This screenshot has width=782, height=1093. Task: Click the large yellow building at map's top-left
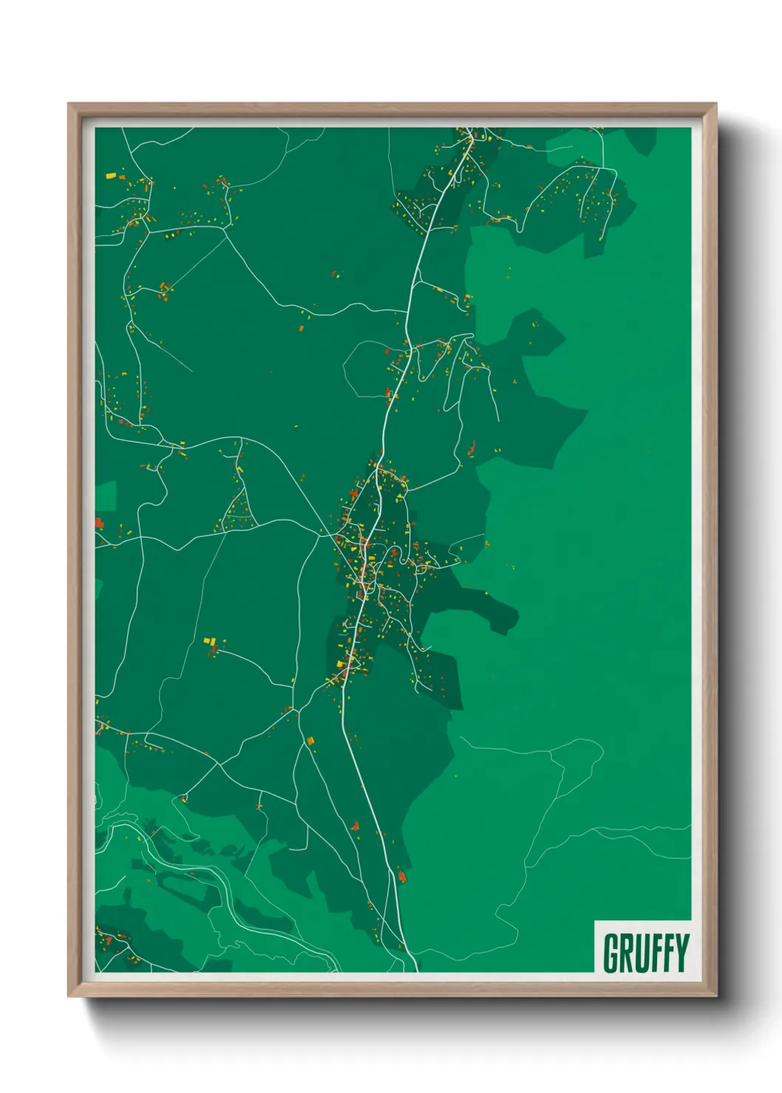[111, 176]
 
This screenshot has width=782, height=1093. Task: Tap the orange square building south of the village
[311, 739]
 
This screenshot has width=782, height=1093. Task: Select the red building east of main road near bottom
[402, 876]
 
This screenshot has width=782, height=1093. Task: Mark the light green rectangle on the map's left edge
[106, 496]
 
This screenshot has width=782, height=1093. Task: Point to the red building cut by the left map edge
[99, 523]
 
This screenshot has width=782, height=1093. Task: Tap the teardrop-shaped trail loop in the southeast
[584, 761]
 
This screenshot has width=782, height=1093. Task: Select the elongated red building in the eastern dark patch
[472, 448]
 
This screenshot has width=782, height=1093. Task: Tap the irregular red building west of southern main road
[356, 826]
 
